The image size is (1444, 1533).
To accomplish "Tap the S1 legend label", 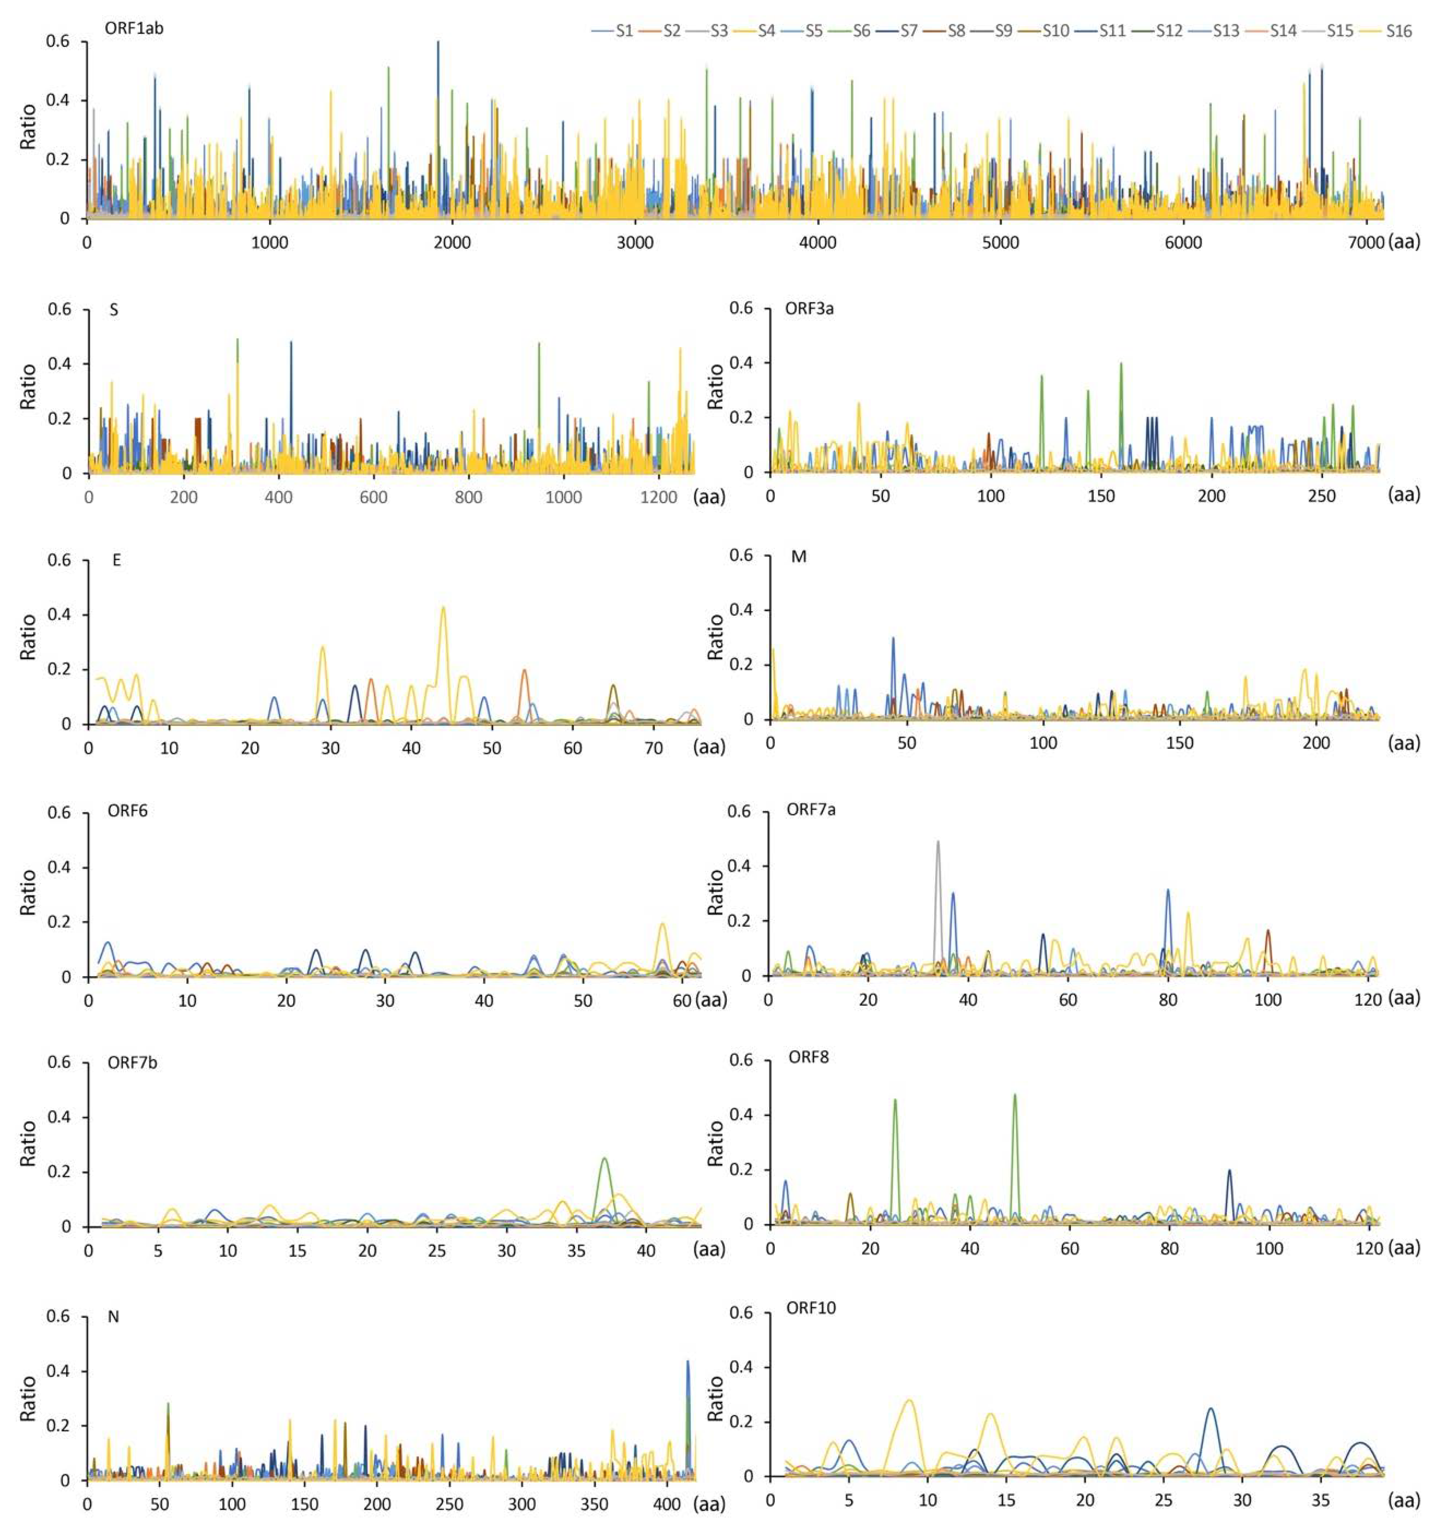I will click(x=624, y=32).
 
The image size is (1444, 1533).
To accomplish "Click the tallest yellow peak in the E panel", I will click(x=443, y=609).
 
